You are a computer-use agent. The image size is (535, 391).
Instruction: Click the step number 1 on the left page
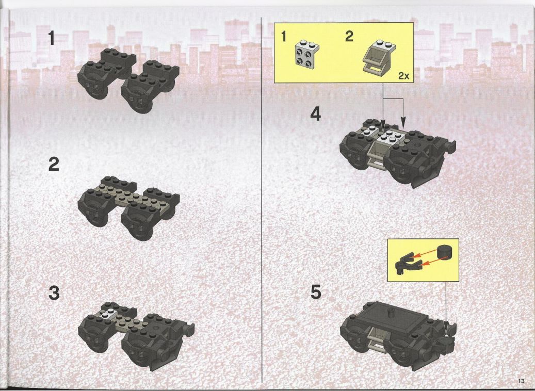click(52, 38)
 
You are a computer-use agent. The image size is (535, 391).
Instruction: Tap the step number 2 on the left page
click(54, 164)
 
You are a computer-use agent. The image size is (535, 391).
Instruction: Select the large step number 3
click(54, 293)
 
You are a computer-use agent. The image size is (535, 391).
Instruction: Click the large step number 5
click(316, 292)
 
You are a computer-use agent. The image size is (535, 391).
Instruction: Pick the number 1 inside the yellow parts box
click(284, 36)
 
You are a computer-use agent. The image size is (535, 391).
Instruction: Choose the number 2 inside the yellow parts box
click(349, 36)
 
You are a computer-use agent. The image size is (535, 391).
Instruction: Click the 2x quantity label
click(403, 76)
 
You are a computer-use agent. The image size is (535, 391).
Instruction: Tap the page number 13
click(521, 381)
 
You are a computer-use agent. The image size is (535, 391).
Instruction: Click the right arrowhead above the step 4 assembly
click(403, 122)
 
